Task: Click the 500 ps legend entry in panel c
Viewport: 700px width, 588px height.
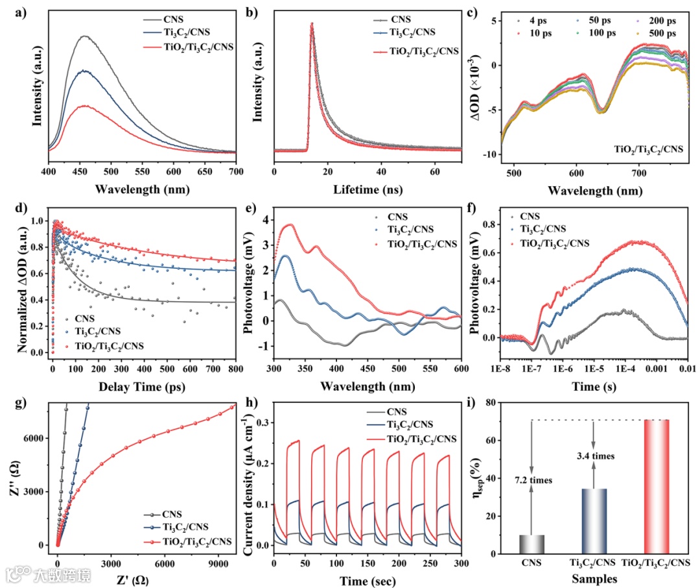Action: coord(660,32)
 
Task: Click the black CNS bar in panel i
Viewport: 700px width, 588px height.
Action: coord(531,545)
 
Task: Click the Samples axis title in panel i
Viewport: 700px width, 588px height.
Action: coord(593,577)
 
